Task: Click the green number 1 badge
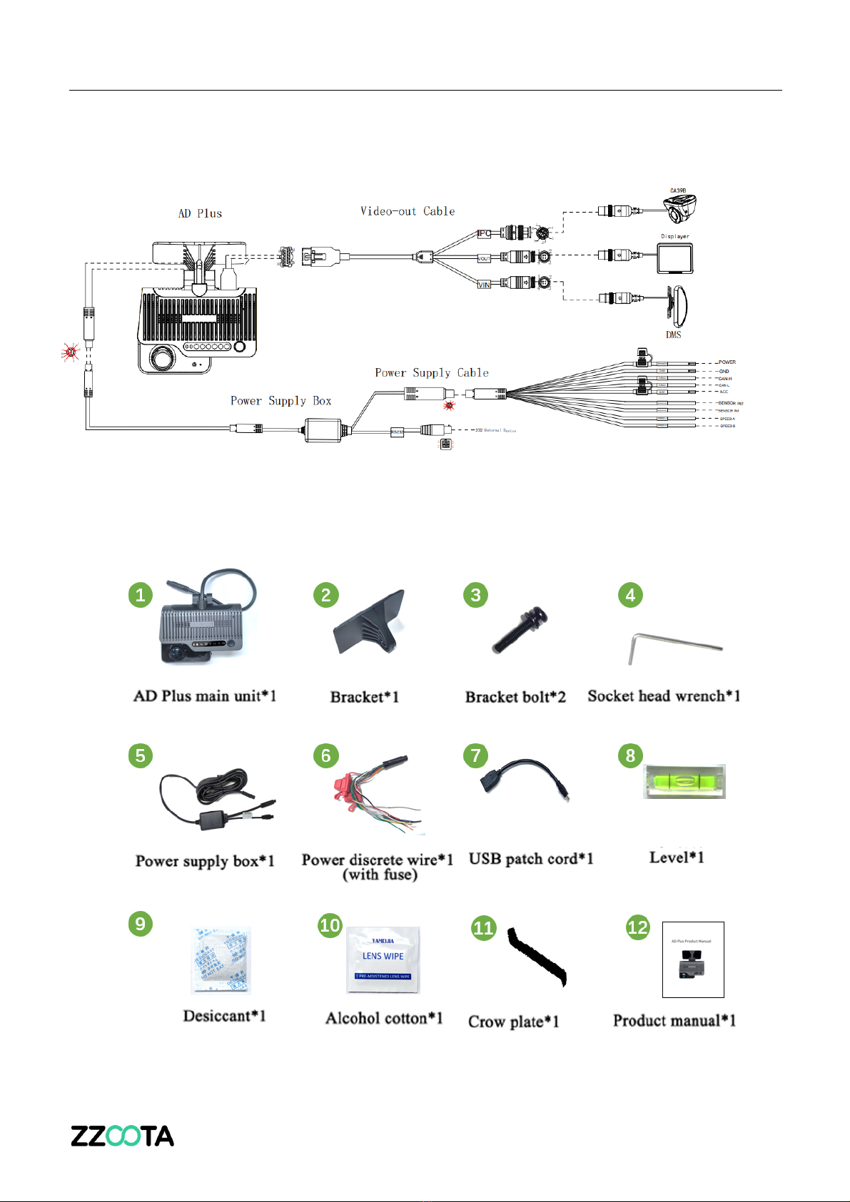click(x=141, y=595)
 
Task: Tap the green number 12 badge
click(x=637, y=927)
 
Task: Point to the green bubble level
click(x=684, y=781)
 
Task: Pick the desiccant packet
click(x=221, y=960)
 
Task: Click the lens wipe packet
click(x=383, y=959)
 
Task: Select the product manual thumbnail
click(x=693, y=959)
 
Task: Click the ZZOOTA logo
click(x=122, y=1136)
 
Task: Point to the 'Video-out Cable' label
click(x=408, y=211)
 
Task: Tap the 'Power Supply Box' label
click(x=281, y=401)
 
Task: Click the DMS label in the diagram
click(x=674, y=335)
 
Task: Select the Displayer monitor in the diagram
click(x=674, y=258)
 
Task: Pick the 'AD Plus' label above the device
click(x=200, y=213)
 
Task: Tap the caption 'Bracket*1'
click(x=364, y=697)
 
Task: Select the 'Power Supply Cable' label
click(x=432, y=372)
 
